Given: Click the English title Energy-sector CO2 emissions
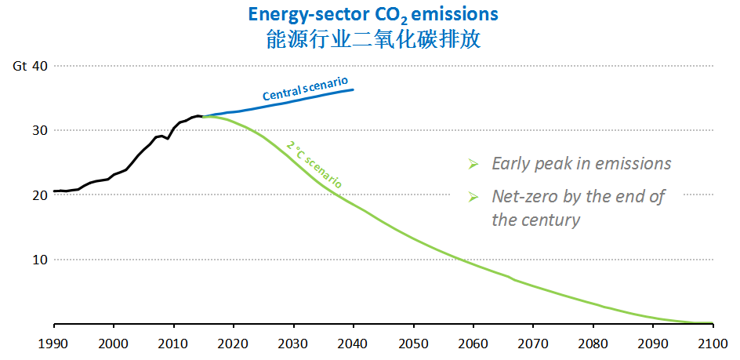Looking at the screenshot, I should [372, 14].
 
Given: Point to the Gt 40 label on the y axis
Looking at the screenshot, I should [31, 66].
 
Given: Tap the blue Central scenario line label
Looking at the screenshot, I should [305, 89].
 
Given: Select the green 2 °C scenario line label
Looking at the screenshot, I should [313, 163].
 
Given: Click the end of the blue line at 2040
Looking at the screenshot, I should [353, 89].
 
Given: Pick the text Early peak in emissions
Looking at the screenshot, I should [581, 164].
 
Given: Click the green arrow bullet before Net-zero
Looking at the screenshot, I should [473, 197].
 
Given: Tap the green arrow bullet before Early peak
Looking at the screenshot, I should [473, 164].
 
